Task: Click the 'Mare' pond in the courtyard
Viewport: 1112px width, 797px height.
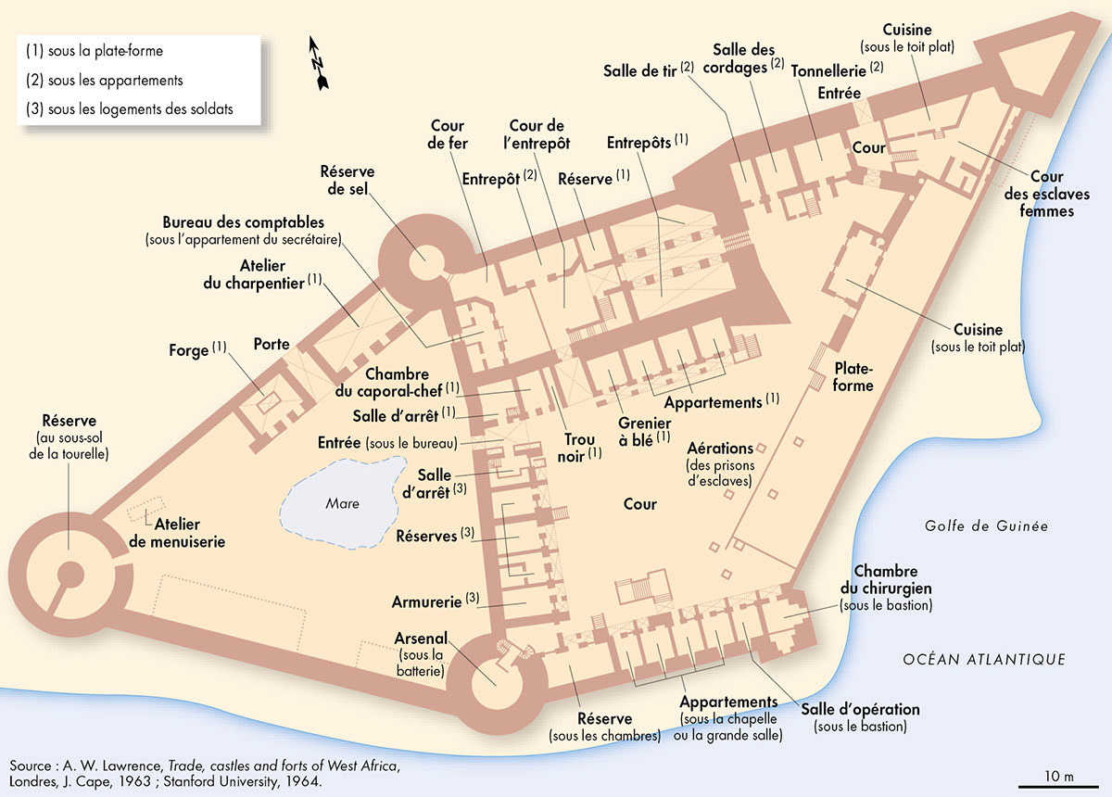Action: click(341, 504)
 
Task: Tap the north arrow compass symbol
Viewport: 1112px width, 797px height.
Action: click(319, 64)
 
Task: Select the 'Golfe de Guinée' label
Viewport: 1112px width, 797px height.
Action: click(986, 526)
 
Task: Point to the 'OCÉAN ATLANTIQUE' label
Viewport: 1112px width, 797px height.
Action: click(984, 660)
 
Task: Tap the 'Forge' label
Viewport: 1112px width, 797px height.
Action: click(189, 350)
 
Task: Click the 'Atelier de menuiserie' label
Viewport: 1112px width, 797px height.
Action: click(176, 533)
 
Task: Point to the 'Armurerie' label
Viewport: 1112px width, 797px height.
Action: click(428, 602)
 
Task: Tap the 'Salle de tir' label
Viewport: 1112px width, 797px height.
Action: click(639, 70)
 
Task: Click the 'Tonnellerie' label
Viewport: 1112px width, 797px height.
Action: click(828, 70)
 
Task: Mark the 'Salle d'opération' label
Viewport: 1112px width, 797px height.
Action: click(860, 710)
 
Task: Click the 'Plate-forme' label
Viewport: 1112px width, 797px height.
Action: click(853, 376)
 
